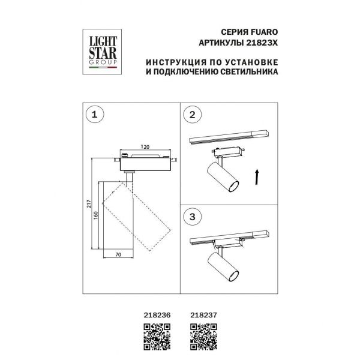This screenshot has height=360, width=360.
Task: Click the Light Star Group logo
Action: pos(102,52)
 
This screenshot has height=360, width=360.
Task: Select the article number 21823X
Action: pos(262,43)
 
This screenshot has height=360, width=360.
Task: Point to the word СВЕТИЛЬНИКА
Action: pos(249,71)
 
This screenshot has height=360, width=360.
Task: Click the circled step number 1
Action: pos(95,115)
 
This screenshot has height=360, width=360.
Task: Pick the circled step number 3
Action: pos(193,217)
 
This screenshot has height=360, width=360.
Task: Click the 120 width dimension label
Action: pos(145,147)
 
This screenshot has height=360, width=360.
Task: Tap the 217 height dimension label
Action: pos(89,204)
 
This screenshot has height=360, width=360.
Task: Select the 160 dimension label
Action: pos(96,215)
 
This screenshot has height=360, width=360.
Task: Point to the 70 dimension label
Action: pos(118,254)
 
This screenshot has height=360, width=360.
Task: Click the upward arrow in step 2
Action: pos(257,177)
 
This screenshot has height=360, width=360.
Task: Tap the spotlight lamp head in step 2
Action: pos(223,177)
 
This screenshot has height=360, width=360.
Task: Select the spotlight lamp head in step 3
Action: pos(223,266)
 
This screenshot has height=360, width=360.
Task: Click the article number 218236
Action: pos(157,315)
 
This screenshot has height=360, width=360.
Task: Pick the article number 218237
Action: pos(203,315)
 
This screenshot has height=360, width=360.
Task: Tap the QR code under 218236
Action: pos(157,337)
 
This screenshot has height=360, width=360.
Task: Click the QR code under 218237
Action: pos(203,337)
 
